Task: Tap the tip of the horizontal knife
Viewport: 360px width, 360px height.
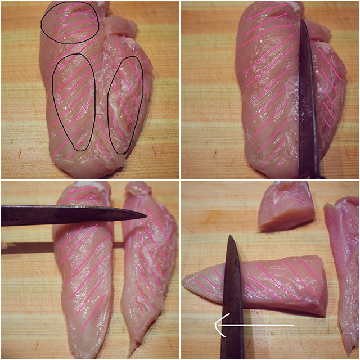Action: pos(145,215)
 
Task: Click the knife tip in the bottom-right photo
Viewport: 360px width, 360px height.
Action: pos(231,237)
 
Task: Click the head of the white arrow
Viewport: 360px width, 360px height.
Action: pos(219,325)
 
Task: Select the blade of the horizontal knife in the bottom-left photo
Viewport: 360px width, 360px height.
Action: pos(67,215)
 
